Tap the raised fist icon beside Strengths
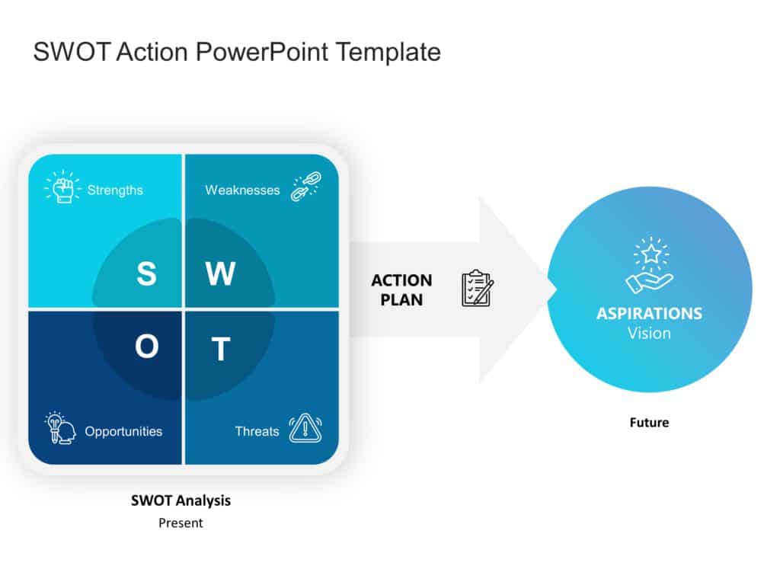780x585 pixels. (62, 187)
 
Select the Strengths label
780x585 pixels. (115, 190)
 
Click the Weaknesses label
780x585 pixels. (242, 190)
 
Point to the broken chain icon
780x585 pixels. (306, 187)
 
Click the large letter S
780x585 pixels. (146, 273)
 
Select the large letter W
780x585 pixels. (220, 273)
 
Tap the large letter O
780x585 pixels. (146, 347)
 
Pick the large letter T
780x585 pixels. (220, 350)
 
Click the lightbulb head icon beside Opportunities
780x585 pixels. (60, 428)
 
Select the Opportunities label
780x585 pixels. (123, 431)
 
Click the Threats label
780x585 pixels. (257, 431)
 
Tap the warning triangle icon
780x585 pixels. (305, 427)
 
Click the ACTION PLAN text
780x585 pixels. (401, 290)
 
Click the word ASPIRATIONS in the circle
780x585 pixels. (649, 314)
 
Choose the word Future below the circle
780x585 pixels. (649, 422)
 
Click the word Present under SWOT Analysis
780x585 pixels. (181, 523)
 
